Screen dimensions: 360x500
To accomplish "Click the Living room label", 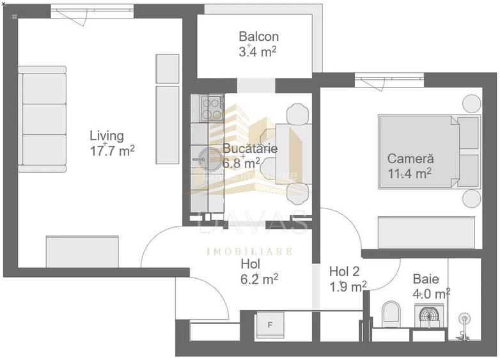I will click(106, 136).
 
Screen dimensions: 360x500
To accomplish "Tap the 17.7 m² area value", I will click(112, 151).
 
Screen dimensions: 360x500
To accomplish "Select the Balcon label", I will click(258, 37).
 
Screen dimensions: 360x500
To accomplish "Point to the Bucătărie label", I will click(249, 148).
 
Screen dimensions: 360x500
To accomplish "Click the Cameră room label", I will click(410, 158).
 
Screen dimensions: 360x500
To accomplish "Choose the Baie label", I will click(425, 279).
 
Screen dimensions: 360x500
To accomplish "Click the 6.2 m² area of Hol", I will click(258, 279).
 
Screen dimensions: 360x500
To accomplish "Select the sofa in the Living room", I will click(42, 119).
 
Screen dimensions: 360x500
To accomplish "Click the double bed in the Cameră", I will click(418, 151).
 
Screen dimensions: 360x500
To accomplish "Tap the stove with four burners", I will click(211, 107).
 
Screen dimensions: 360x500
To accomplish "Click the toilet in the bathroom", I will click(389, 315).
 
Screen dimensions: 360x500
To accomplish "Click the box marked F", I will click(270, 325).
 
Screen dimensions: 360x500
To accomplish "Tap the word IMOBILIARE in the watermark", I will click(249, 251).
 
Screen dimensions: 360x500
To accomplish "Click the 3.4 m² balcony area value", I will click(258, 52).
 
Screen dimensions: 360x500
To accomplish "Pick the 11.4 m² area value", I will click(409, 173).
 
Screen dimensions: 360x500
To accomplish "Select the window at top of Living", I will click(92, 13).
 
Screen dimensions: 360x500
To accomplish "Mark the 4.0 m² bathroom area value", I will click(431, 293).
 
